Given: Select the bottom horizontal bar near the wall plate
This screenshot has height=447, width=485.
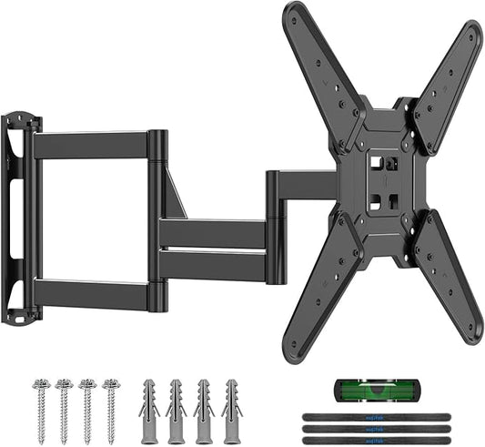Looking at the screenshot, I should pyautogui.click(x=91, y=294).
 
